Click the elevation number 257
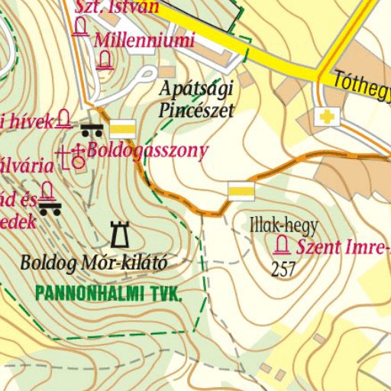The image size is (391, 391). tap(283, 268)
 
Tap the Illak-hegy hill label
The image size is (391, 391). tap(283, 225)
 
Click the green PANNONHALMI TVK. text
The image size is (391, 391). tap(108, 292)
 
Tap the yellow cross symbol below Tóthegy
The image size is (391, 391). tap(328, 117)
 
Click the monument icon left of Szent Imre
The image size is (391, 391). tap(283, 245)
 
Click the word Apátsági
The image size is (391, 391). tap(196, 89)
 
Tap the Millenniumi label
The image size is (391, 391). tap(144, 40)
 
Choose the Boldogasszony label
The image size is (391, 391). tap(147, 150)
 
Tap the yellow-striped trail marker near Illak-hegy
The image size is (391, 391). tap(241, 191)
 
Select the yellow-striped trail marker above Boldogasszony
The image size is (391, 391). tap(123, 128)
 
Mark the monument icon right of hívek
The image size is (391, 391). tap(63, 120)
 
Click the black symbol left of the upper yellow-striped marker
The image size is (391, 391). tap(92, 128)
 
